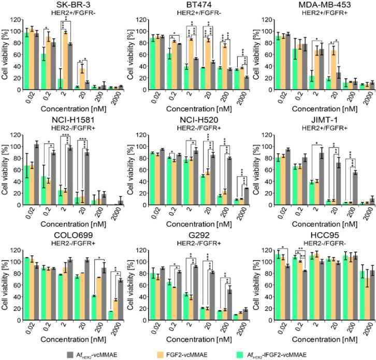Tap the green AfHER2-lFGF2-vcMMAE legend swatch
pyautogui.click(x=258, y=354)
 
